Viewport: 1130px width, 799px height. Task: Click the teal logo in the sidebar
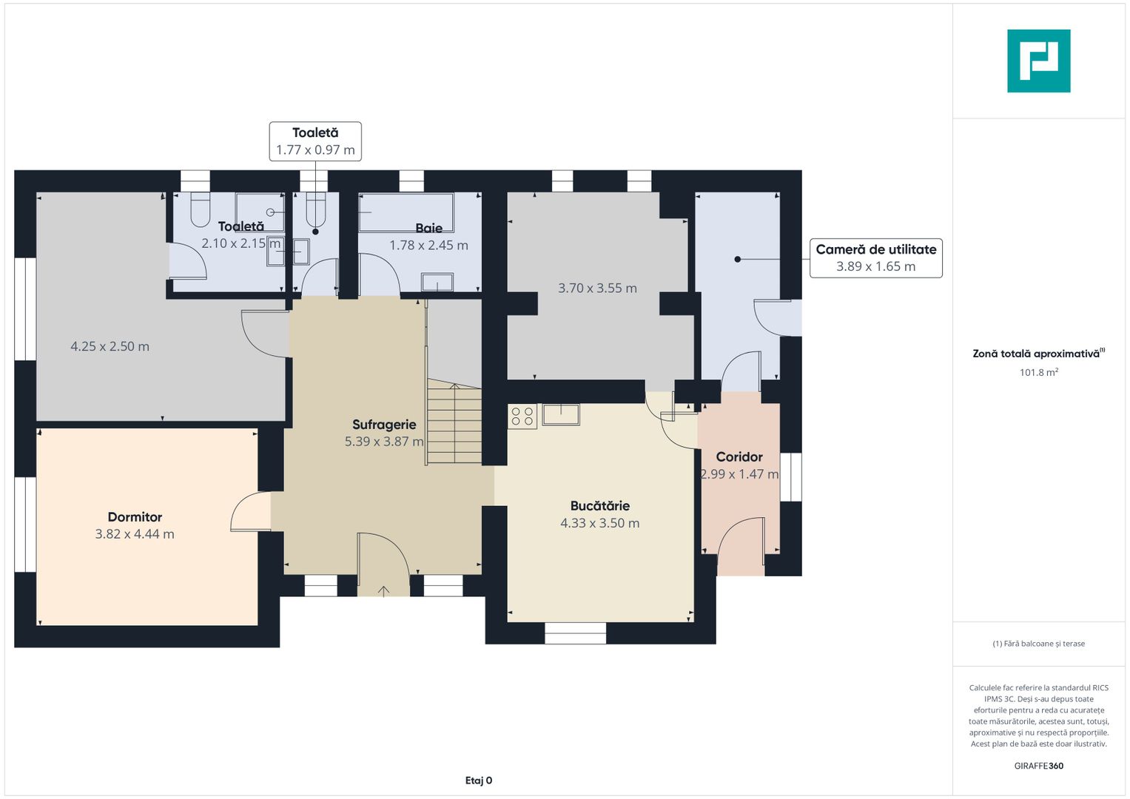coord(1038,61)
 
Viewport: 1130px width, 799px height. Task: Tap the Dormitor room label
coord(135,517)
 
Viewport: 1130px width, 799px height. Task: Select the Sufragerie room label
coord(384,425)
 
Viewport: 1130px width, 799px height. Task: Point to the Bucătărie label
coord(600,506)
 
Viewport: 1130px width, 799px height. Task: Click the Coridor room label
coord(739,457)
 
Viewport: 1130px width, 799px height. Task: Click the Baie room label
coord(428,228)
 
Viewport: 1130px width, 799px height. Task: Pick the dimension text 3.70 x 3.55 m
coord(597,288)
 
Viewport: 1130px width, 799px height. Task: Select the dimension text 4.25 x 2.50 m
coord(110,346)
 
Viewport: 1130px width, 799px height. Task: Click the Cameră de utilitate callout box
coord(875,257)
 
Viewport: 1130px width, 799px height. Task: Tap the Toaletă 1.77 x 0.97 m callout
coord(315,141)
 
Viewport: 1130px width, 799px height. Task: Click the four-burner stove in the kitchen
coord(522,417)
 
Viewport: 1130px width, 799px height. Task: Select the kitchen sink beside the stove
coord(561,414)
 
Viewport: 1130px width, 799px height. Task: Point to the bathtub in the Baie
coord(406,212)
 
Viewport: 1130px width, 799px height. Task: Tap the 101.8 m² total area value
coord(1039,372)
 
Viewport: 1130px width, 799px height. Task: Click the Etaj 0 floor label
coord(478,781)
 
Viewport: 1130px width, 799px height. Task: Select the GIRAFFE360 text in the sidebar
coord(1039,766)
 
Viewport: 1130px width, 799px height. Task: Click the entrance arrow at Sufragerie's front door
coord(383,591)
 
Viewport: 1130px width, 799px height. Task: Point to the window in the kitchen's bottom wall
coord(575,633)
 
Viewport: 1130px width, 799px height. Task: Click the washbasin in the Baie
coord(437,283)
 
